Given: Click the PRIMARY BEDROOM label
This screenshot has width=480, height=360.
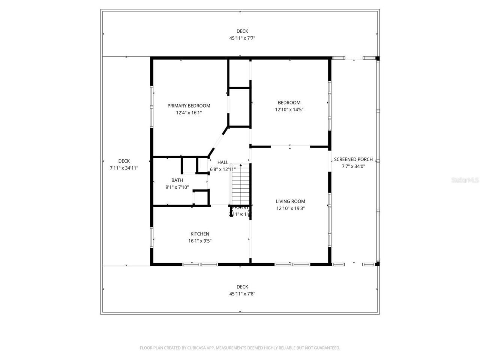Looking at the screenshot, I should point(189,106).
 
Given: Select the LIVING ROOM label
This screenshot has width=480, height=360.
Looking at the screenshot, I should point(290,201).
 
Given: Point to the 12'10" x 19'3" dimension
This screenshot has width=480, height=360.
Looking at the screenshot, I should point(290,208).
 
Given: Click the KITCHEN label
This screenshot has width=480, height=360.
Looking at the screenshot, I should point(199,234).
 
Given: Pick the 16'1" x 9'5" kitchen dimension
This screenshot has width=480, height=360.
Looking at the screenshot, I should point(199,241).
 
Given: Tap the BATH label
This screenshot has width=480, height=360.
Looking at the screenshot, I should point(177,180).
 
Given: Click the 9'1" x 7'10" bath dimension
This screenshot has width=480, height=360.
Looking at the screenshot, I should point(177,187).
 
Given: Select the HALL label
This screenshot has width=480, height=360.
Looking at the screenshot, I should point(223,162).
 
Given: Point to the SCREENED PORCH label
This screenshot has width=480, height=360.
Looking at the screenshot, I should point(353,159).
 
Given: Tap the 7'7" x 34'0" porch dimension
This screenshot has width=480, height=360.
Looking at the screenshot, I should point(353,166).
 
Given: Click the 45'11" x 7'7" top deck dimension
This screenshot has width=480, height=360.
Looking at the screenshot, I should point(242,38).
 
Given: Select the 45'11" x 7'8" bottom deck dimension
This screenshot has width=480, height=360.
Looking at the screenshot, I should point(242,294).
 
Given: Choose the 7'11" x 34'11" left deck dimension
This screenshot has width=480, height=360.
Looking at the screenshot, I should point(124,168).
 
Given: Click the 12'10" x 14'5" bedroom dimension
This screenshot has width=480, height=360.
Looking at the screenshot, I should point(289,110).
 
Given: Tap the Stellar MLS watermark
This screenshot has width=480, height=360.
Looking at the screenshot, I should point(465,180).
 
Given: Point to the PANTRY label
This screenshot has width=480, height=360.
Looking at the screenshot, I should point(240,207).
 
